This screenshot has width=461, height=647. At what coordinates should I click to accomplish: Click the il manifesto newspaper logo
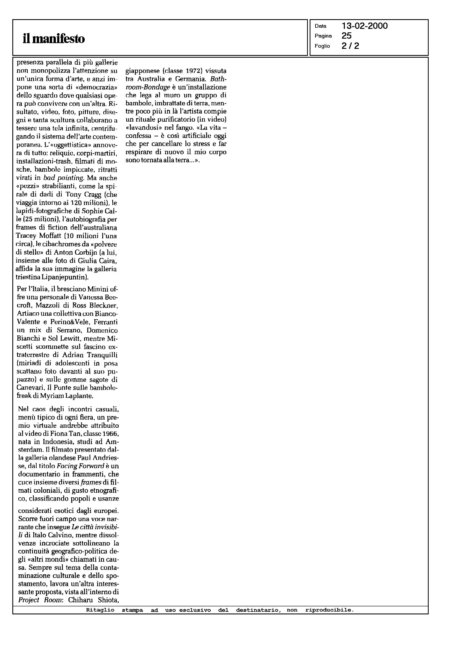pos(54,39)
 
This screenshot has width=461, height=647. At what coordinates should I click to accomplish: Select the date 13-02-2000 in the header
pos(365,26)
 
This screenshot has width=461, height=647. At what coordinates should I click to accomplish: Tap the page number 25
pos(347,36)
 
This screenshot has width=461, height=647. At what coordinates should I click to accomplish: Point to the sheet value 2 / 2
pos(350,46)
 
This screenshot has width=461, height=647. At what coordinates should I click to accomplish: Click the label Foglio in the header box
pos(322,46)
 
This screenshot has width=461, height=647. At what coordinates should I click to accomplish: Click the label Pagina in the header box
pos(323,36)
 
